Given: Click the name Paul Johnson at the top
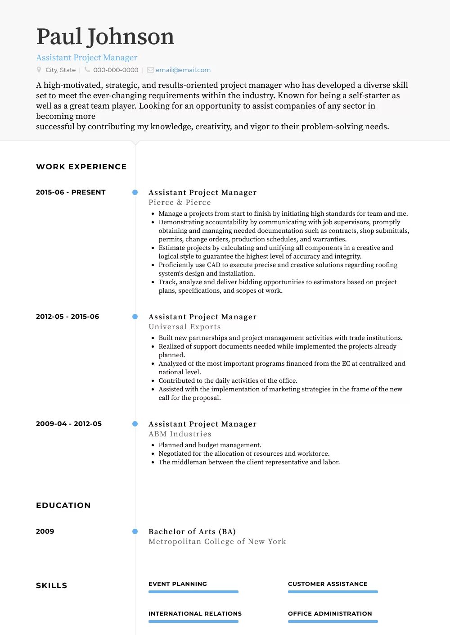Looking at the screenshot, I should click(105, 37).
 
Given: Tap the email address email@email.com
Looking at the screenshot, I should click(183, 70).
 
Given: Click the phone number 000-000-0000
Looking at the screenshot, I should click(116, 70).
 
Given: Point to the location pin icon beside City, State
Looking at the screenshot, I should click(39, 70).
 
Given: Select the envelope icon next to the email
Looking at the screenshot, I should click(150, 70).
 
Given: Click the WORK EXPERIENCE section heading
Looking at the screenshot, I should click(81, 167).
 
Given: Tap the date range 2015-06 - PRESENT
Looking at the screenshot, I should click(71, 192).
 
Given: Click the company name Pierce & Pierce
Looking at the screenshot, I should click(180, 203).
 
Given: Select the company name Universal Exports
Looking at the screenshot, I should click(184, 327).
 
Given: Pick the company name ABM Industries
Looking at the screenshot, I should click(180, 434).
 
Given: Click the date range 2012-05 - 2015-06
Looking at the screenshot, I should click(67, 317).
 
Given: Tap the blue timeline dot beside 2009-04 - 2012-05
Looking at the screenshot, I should click(135, 424).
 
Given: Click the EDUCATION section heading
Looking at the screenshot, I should click(63, 505).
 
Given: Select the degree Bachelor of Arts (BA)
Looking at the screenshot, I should click(192, 531).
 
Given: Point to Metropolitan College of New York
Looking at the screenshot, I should click(217, 542).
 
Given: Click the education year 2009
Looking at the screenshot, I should click(45, 531).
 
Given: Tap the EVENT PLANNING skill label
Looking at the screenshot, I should click(178, 584).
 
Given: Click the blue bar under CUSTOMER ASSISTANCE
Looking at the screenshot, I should click(333, 592).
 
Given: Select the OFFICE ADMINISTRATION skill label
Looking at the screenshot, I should click(330, 614).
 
